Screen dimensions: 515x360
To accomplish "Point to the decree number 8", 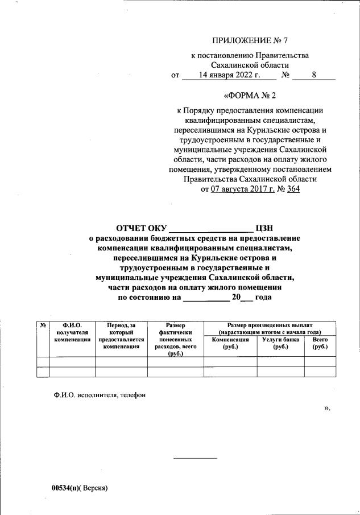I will tap(314, 75).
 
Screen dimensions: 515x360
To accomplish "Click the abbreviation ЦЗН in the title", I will tap(266, 229).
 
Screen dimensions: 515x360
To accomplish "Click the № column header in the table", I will tap(43, 325).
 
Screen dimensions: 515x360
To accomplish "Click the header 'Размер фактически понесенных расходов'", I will tap(174, 339).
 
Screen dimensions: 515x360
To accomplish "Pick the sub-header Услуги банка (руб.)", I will tap(280, 343).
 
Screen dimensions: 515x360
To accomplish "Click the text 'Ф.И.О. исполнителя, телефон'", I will tap(96, 395).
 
